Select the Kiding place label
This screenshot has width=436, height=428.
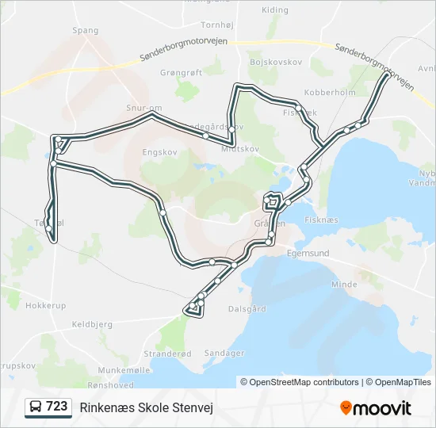point(275,10)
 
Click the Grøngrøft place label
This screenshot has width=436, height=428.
point(182,71)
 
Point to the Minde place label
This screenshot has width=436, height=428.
point(344,284)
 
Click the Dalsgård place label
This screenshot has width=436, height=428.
point(247,309)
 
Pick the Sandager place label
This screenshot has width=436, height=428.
point(224,353)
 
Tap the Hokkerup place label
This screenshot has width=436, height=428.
point(45,305)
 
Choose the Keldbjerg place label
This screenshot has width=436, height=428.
point(92,324)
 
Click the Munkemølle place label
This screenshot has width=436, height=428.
point(124,370)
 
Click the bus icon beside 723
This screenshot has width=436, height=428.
point(36,407)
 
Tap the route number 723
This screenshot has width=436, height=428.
point(57,407)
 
